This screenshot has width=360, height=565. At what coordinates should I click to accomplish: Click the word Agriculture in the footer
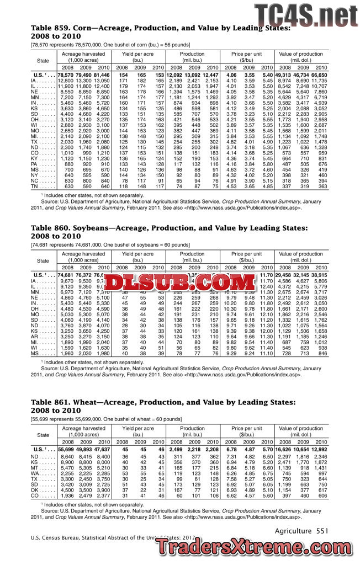pos(293,531)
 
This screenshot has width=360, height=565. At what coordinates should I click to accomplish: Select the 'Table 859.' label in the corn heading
pos(50,27)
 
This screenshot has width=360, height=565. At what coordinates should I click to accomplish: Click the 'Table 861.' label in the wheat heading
pos(50,404)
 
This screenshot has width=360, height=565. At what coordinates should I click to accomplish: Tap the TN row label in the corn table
pos(35,186)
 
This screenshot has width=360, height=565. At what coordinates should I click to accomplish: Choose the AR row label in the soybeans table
pos(35,336)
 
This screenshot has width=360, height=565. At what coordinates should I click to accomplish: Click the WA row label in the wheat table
pos(35,473)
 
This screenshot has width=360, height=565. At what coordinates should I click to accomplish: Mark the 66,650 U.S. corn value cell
pos(320,74)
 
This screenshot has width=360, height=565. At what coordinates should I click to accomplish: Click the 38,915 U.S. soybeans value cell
pos(320,275)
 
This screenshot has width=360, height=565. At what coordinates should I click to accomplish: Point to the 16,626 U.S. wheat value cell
pos(283,450)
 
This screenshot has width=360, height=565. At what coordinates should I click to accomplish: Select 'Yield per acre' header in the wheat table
pos(138,428)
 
